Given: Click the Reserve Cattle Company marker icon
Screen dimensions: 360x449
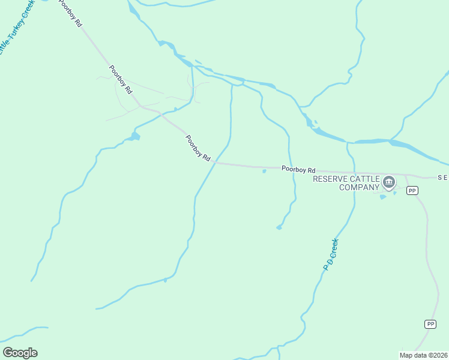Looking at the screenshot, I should tap(389, 182).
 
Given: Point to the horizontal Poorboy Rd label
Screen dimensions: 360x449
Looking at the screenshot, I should tap(298, 170).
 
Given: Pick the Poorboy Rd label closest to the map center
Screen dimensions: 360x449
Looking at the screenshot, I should tap(197, 148).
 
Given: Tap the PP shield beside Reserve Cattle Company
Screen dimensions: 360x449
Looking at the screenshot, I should tap(412, 190).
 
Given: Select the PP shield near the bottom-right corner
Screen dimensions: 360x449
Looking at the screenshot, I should tap(430, 324).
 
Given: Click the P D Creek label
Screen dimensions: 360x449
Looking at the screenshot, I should tap(331, 254).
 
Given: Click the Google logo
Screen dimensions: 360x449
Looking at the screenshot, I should tap(20, 353).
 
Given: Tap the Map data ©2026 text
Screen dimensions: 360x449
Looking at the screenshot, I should tap(423, 355).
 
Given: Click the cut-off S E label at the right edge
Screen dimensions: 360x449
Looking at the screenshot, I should tap(442, 178).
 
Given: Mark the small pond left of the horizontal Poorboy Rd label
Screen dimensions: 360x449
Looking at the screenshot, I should tap(264, 172).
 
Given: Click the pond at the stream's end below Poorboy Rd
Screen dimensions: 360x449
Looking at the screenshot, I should tap(279, 227).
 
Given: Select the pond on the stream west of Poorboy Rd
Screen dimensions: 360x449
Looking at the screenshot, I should tap(133, 137).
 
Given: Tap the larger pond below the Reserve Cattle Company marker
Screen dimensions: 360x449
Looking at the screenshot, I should tap(383, 196).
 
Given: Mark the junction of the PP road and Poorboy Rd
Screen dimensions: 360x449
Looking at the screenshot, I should tap(406, 176).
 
